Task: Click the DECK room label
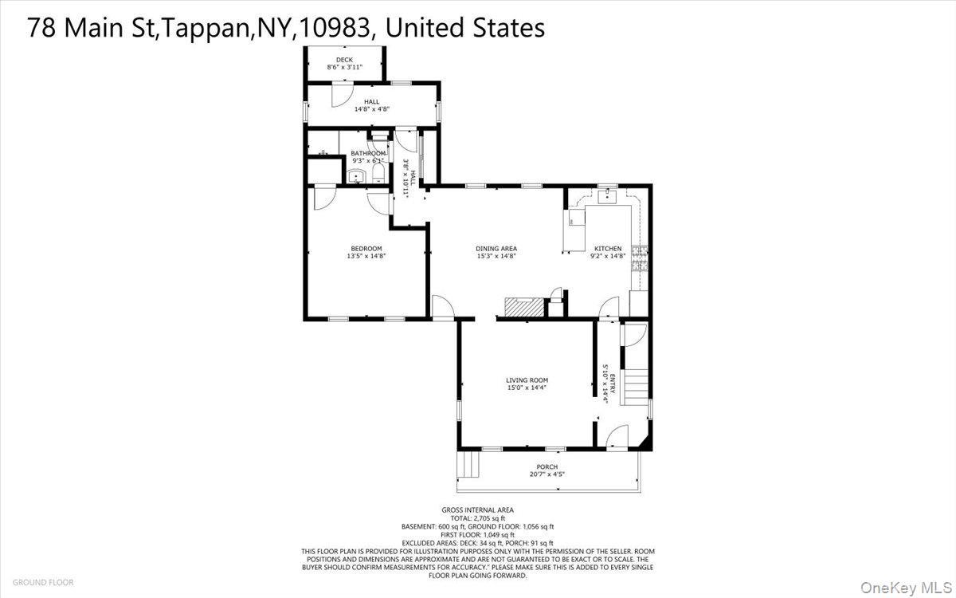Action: click(x=344, y=60)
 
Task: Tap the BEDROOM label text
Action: click(x=366, y=248)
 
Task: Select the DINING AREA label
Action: click(x=497, y=249)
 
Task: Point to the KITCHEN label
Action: click(x=608, y=249)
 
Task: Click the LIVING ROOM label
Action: click(x=527, y=380)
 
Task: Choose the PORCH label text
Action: click(x=547, y=467)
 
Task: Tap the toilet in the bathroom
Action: click(x=378, y=174)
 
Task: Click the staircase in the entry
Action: click(x=635, y=387)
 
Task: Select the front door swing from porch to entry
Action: click(x=616, y=438)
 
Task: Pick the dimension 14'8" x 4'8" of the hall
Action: click(x=371, y=109)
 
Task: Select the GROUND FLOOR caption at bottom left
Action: click(x=43, y=582)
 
